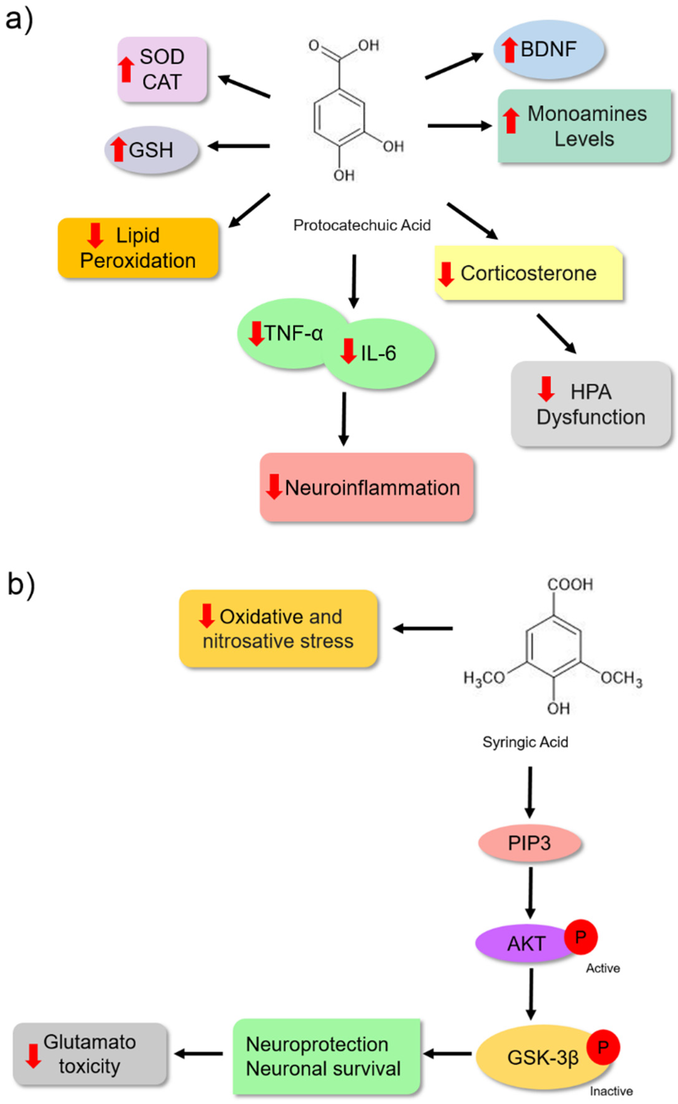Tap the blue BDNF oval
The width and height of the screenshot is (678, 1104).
click(549, 49)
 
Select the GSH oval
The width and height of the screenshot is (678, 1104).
click(151, 150)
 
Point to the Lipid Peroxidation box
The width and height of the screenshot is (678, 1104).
click(138, 248)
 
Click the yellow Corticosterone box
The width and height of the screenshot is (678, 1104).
click(528, 273)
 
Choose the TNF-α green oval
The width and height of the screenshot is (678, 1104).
click(287, 333)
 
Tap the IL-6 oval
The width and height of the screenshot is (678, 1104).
click(386, 354)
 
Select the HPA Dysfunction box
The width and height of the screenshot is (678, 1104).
click(591, 404)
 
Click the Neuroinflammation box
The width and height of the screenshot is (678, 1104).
click(366, 487)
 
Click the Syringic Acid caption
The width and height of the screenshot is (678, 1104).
click(525, 742)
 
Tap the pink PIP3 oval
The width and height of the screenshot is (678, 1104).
click(529, 843)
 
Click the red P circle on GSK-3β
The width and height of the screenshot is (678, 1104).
click(603, 1047)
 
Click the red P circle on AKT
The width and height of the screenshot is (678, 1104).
click(580, 937)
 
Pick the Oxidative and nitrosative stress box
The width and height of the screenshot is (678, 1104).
click(278, 629)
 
